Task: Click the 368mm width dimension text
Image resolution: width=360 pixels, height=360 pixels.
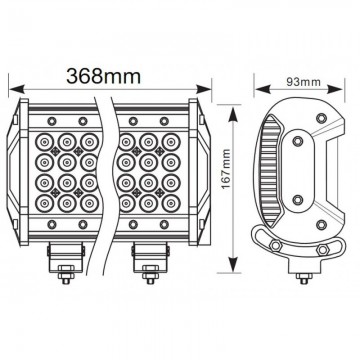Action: tap(104, 74)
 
